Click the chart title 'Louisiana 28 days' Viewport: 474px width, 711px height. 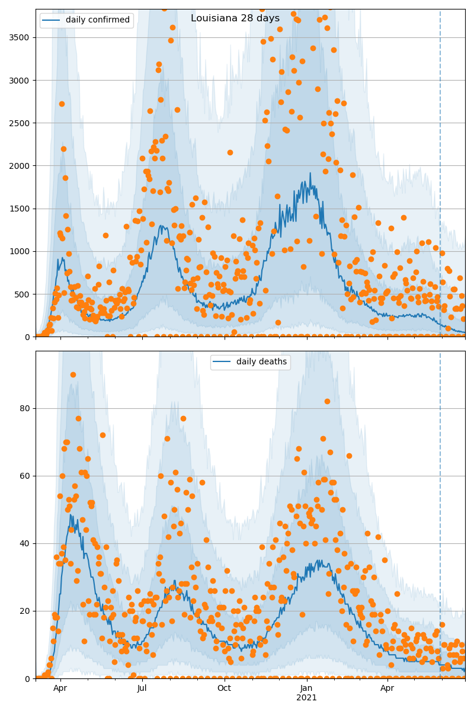coord(235,18)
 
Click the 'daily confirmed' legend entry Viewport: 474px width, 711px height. coord(97,20)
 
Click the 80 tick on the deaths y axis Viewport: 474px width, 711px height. coord(25,408)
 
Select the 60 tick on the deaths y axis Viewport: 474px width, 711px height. coord(25,476)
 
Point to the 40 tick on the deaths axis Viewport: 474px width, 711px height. coord(25,543)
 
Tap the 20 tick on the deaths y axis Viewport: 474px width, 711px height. coord(25,611)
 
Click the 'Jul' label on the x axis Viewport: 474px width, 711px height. coord(142,688)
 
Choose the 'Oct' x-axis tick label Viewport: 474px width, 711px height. coord(224,688)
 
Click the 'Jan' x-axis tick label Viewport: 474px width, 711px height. coord(306,688)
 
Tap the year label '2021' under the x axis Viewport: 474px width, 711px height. coord(306,697)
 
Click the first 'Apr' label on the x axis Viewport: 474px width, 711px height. coord(60,688)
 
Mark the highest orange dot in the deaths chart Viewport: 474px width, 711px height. coord(73,374)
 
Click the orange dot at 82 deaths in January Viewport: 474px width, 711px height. coord(327,402)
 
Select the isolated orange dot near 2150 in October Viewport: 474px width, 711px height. coord(230,153)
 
